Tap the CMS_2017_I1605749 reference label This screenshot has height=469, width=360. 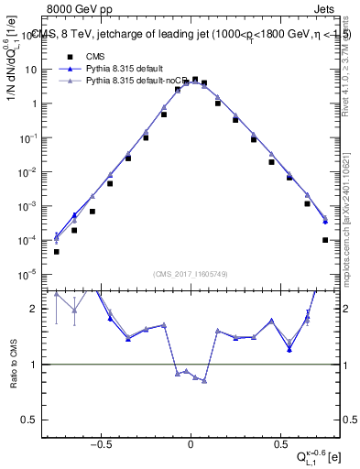pyautogui.click(x=191, y=274)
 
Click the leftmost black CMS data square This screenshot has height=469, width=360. pyautogui.click(x=57, y=251)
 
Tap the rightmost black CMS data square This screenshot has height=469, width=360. pyautogui.click(x=325, y=240)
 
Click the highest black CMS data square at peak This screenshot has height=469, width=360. pyautogui.click(x=195, y=80)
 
